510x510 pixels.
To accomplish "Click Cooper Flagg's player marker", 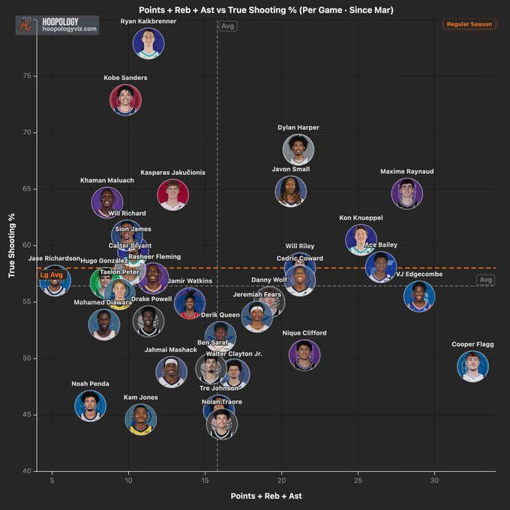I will click(472, 366).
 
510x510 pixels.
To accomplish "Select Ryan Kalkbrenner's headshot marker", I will click(148, 43).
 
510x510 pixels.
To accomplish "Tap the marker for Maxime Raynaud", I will click(407, 193).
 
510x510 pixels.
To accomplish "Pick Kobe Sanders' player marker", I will click(125, 100).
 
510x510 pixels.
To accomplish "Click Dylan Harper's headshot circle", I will click(298, 149).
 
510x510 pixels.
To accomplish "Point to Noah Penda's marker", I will click(90, 406).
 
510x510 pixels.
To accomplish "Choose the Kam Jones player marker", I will click(141, 419).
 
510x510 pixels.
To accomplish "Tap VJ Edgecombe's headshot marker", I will click(418, 296).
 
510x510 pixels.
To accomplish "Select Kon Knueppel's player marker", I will click(361, 240).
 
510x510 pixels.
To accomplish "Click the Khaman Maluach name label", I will click(107, 180).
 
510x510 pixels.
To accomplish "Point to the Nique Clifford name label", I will click(304, 333).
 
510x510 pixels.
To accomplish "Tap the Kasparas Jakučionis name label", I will click(172, 172).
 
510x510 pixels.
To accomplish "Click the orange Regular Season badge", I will click(469, 25).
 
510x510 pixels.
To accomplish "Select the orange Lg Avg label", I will click(51, 275).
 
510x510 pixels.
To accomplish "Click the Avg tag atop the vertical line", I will click(228, 26).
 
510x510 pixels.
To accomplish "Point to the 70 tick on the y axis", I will click(26, 133).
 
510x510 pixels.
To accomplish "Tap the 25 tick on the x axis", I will click(358, 479).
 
